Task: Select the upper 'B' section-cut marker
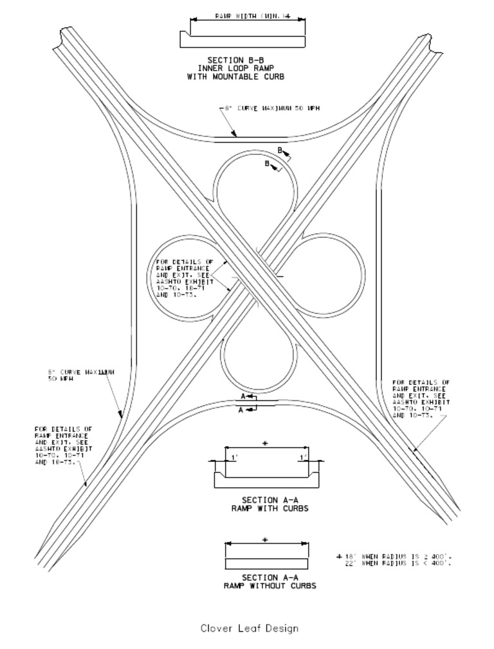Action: [280, 150]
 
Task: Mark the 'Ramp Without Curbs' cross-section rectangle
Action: [266, 564]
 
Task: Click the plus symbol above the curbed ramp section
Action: [265, 443]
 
